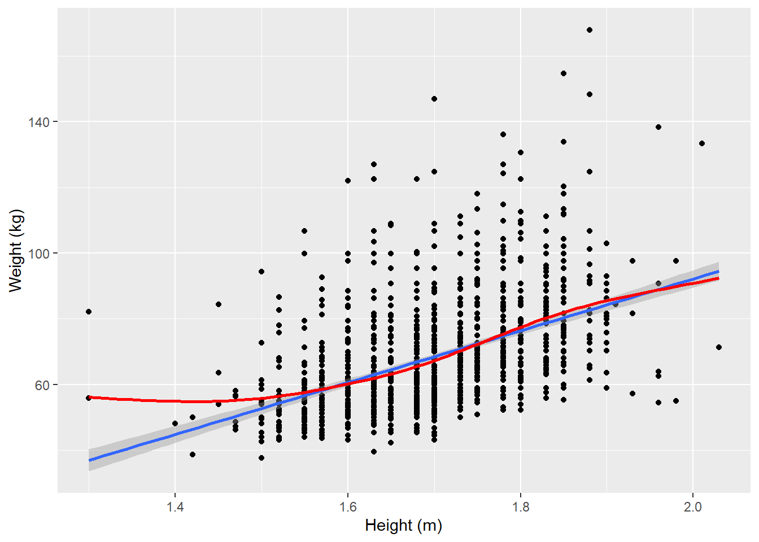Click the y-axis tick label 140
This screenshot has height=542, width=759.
[39, 121]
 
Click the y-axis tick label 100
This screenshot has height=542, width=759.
[39, 253]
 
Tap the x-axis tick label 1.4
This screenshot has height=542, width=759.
[175, 506]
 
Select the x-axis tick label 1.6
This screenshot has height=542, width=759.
[348, 506]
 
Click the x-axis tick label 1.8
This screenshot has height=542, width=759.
[520, 506]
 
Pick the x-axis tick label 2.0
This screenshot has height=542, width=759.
[692, 506]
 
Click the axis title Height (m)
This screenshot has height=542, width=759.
[403, 526]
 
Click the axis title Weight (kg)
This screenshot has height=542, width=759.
[15, 250]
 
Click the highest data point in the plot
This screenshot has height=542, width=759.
[590, 30]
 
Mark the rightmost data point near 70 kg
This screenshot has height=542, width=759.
[718, 347]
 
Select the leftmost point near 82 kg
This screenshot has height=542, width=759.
[89, 312]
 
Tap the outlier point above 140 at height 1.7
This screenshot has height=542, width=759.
[434, 99]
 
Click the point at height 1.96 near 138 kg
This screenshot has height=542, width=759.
[658, 127]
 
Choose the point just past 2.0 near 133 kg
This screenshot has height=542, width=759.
[701, 143]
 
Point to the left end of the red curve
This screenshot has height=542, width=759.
[90, 397]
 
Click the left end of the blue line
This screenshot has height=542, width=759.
[90, 460]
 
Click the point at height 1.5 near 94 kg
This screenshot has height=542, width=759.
[261, 272]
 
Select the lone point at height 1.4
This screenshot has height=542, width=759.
[175, 423]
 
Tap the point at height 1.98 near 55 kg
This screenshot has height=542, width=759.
[676, 401]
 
